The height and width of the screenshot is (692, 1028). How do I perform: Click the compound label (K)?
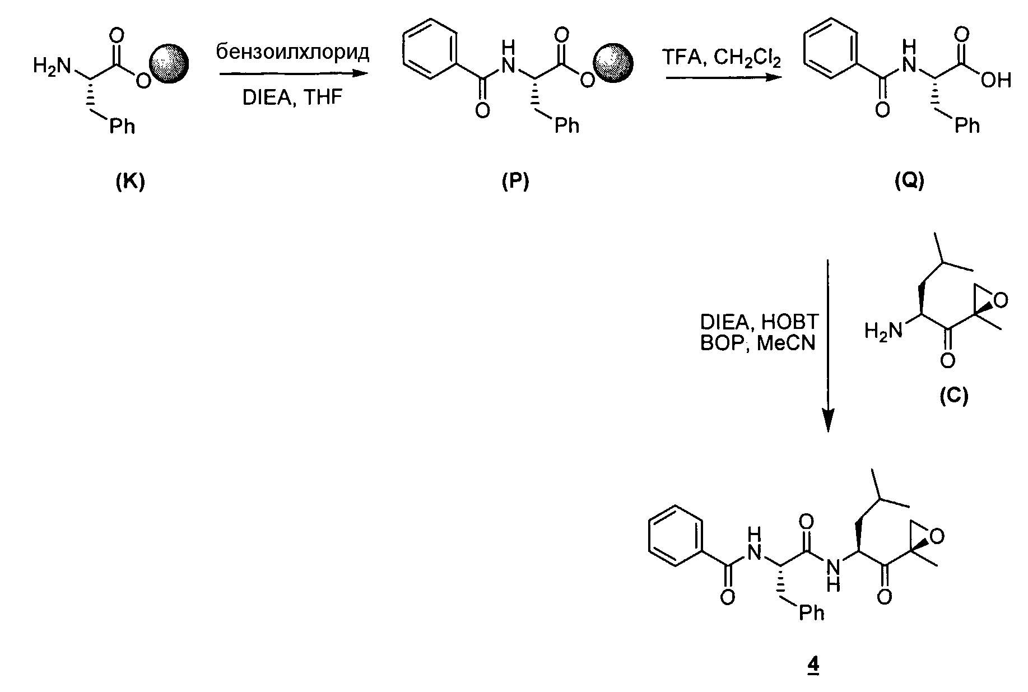(130, 182)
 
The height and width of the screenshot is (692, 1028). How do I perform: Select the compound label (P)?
(515, 182)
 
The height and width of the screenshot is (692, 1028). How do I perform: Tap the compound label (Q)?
(909, 182)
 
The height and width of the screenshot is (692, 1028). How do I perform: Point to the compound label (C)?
(953, 396)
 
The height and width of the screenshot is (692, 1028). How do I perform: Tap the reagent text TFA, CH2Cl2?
(721, 58)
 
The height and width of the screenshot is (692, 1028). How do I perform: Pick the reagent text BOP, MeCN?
(757, 343)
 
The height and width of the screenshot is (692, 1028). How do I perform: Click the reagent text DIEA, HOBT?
(759, 322)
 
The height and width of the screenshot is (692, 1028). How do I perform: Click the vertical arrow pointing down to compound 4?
(827, 345)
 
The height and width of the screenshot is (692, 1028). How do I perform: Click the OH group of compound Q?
(997, 81)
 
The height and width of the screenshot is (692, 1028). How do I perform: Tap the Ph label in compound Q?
(966, 126)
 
